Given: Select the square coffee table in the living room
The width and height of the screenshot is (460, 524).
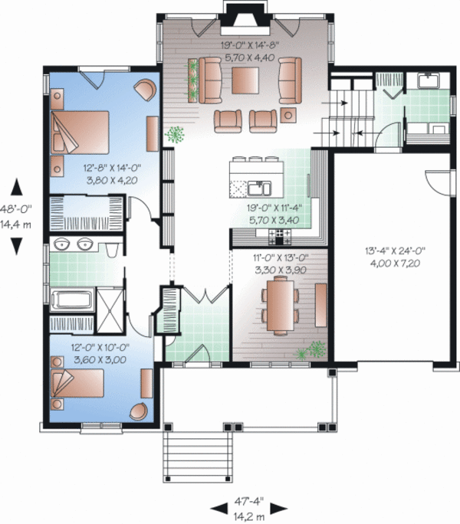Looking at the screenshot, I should pyautogui.click(x=247, y=80).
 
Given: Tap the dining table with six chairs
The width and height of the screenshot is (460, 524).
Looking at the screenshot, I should pyautogui.click(x=278, y=305).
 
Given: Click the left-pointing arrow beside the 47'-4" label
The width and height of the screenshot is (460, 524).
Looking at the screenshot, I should pyautogui.click(x=217, y=507).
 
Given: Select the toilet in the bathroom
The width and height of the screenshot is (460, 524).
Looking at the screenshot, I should pyautogui.click(x=113, y=249).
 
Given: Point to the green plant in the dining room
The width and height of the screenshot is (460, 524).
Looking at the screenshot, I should pyautogui.click(x=310, y=350).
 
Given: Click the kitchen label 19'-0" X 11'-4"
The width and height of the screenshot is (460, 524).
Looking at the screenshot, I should pyautogui.click(x=272, y=212).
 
